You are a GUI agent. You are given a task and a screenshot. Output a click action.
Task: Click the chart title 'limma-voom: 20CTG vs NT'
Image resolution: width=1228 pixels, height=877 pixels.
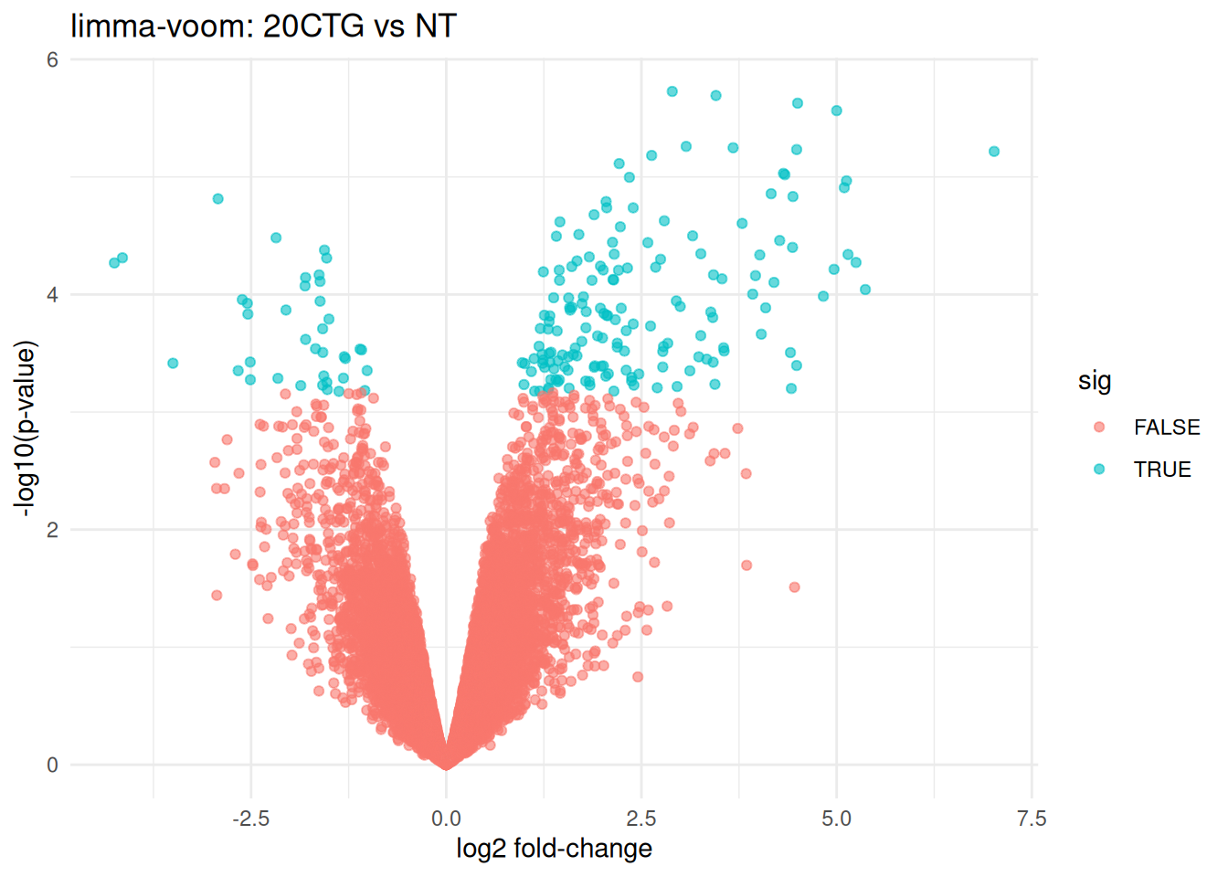[263, 26]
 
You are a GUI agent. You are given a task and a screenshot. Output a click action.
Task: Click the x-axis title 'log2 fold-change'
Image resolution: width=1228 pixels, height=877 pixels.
[554, 849]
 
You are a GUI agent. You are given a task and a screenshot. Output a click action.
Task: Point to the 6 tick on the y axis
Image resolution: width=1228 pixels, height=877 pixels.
[52, 59]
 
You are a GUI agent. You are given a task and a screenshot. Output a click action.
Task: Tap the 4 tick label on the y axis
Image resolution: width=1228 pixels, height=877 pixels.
[52, 295]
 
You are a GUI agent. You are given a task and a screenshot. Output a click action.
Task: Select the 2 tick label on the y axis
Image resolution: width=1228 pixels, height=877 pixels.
[52, 530]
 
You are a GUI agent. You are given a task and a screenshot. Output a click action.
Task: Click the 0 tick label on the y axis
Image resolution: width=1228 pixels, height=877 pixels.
[52, 765]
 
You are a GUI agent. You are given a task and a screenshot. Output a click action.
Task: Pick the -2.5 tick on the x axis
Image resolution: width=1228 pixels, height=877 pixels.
[250, 819]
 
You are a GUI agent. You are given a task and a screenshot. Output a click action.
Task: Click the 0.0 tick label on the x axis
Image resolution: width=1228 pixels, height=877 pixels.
[446, 819]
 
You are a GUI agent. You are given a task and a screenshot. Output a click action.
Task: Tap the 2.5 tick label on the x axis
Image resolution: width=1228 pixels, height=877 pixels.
[641, 819]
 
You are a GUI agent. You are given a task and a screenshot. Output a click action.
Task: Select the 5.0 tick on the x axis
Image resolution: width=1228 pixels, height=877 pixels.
[836, 819]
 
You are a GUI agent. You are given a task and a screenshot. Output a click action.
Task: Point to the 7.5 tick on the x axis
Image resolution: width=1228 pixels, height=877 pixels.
[1032, 819]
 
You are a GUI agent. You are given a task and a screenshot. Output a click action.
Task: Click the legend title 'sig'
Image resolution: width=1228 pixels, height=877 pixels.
[1095, 380]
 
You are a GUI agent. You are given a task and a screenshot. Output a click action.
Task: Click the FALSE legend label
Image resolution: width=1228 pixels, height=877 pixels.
[1167, 427]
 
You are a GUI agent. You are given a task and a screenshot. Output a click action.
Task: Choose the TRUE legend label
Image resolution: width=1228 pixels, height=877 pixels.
[1162, 470]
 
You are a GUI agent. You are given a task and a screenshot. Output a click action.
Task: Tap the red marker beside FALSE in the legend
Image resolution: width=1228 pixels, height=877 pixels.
[1099, 427]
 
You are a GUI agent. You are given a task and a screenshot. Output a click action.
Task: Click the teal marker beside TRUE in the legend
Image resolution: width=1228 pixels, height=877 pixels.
[1099, 469]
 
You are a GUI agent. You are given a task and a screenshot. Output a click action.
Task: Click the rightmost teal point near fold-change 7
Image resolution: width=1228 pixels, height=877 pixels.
[994, 152]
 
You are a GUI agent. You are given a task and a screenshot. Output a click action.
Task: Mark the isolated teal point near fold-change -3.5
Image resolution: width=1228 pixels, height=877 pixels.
[173, 364]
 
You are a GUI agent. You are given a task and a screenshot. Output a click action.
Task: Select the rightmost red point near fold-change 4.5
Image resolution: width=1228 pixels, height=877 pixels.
[794, 587]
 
